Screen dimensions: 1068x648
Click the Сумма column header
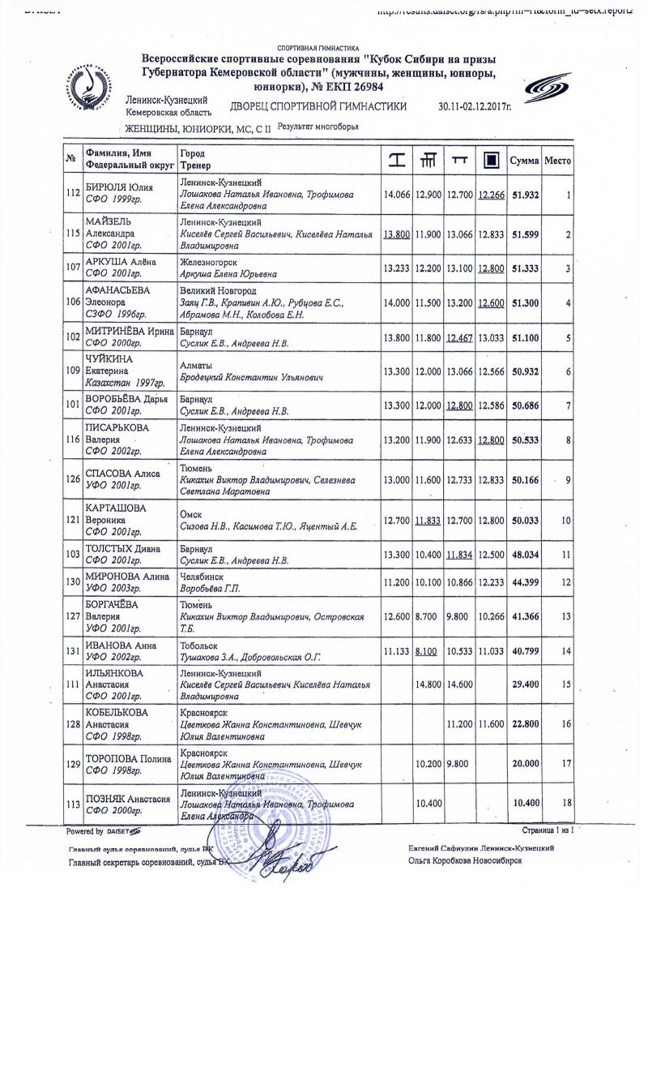click(x=525, y=161)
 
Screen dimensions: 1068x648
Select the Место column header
click(x=558, y=161)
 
